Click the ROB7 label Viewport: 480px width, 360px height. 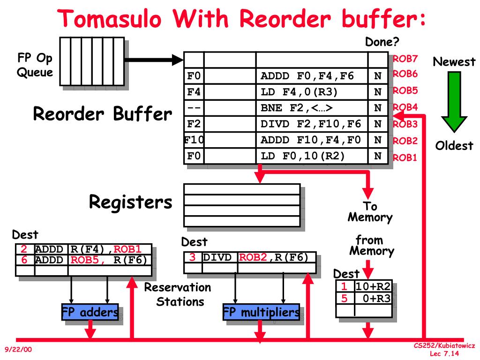click(x=405, y=59)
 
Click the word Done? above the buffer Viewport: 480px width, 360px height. click(x=382, y=42)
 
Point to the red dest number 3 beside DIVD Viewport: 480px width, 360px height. click(x=192, y=257)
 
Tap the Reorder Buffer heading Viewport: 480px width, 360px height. click(x=102, y=114)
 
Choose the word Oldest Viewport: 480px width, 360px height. click(x=454, y=146)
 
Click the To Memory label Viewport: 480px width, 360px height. click(x=370, y=212)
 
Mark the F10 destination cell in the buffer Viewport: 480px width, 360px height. click(x=193, y=140)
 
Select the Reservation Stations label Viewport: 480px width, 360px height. click(x=178, y=294)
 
